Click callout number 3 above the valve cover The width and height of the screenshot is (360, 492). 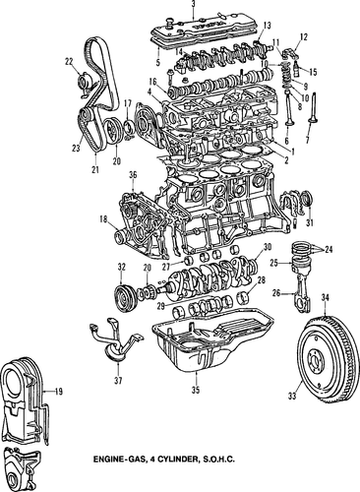pos(193,4)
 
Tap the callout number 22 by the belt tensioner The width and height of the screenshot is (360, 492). pos(69,61)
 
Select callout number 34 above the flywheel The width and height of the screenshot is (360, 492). pos(325,297)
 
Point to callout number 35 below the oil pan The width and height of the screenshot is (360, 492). pos(196,390)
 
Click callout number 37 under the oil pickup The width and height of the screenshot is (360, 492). pos(118,381)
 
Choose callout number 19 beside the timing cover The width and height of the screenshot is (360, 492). pos(59,392)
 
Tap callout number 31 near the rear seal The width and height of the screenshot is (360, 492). pos(310,222)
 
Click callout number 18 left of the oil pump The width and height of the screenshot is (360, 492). pos(104,219)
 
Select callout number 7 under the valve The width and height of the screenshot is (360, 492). pos(307,140)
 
